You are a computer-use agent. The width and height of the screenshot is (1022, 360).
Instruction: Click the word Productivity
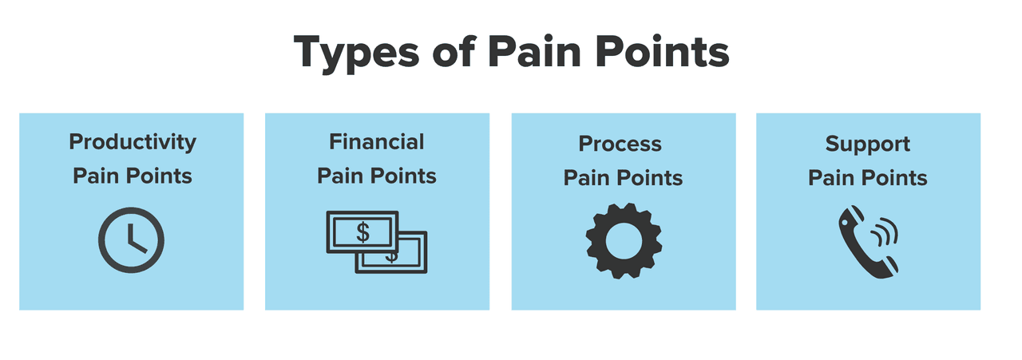click(133, 143)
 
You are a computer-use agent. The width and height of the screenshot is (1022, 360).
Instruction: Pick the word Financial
click(377, 142)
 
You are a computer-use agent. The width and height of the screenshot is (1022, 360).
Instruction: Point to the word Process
click(620, 144)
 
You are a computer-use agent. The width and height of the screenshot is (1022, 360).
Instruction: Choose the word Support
click(868, 144)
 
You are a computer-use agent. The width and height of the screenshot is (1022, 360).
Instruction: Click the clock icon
click(132, 240)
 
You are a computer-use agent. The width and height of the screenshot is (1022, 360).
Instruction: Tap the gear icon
click(624, 241)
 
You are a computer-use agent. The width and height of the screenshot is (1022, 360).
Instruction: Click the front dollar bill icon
click(362, 232)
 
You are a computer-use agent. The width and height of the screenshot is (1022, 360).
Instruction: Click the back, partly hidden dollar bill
click(407, 258)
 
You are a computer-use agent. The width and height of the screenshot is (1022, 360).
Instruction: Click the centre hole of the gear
click(624, 241)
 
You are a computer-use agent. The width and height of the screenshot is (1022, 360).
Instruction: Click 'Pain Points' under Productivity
click(133, 176)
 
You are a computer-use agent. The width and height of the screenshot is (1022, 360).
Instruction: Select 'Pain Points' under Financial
click(377, 176)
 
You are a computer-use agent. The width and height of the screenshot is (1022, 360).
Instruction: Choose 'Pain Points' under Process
click(623, 178)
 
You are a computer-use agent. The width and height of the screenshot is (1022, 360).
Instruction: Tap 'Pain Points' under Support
click(868, 178)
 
